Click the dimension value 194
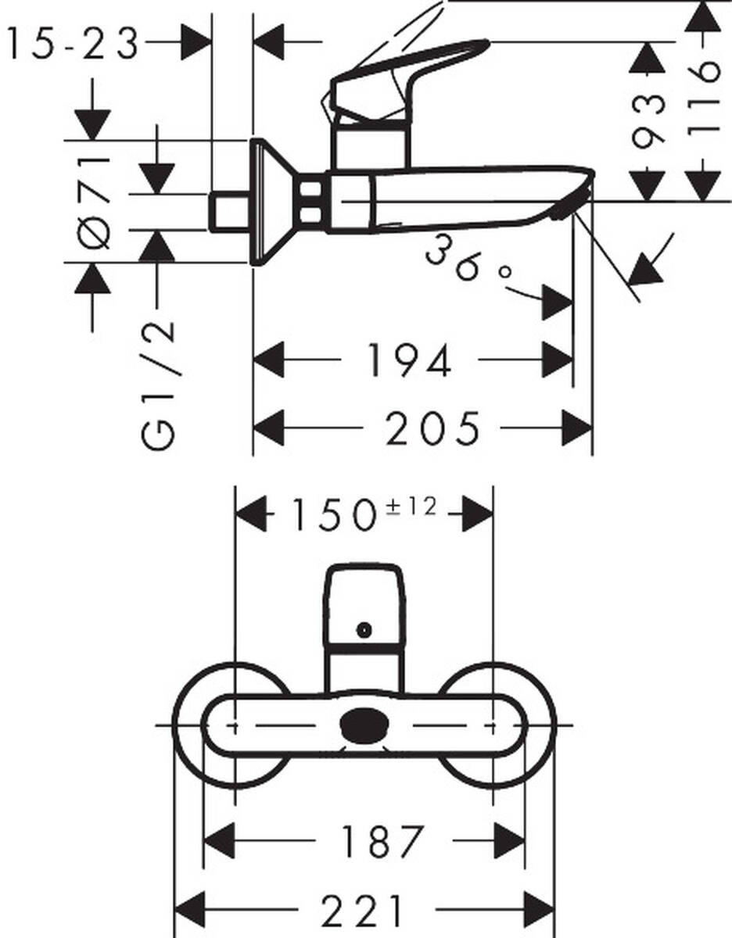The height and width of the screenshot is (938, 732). pos(409,360)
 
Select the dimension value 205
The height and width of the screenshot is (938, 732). pos(432,428)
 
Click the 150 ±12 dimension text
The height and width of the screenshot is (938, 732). pos(362,514)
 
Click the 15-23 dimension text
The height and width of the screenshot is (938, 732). pos(73,45)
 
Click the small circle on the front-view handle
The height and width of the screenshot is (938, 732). pos(363,628)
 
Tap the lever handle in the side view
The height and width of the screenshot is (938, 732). pos(407,70)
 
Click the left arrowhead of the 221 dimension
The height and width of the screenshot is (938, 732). pos(188,911)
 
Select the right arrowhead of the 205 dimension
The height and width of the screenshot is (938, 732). pos(578,428)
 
